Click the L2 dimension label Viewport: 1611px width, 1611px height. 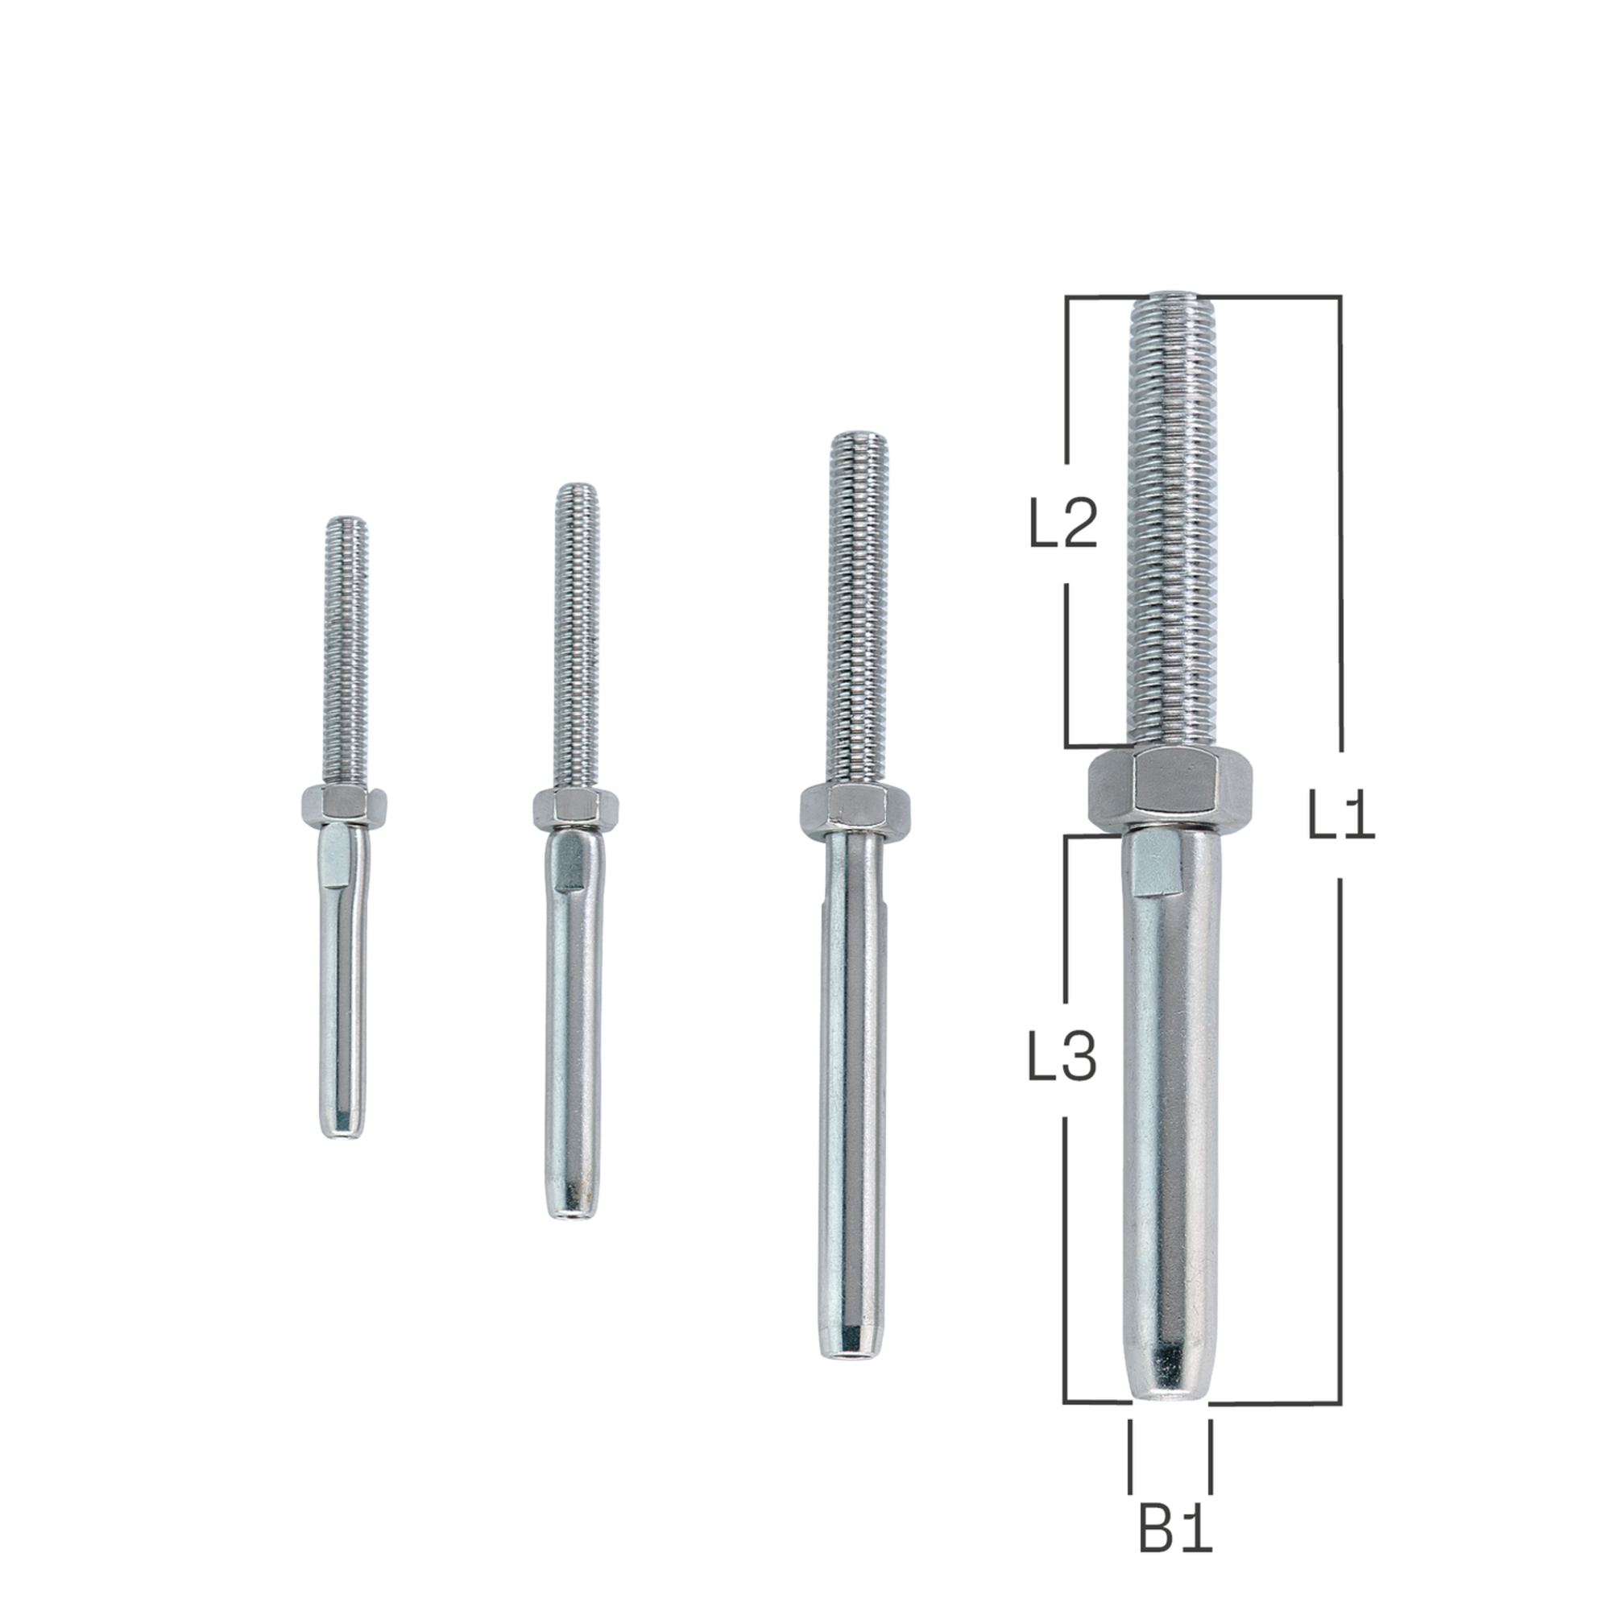click(x=1064, y=524)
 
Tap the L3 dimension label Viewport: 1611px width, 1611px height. click(x=1062, y=1058)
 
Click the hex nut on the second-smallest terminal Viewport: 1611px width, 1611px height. click(x=574, y=806)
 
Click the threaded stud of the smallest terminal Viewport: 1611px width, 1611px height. click(x=346, y=650)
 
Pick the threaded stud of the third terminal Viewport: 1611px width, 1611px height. click(x=856, y=609)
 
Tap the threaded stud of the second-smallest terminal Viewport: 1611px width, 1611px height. click(x=576, y=634)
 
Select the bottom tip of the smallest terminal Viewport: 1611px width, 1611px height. click(x=342, y=1127)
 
